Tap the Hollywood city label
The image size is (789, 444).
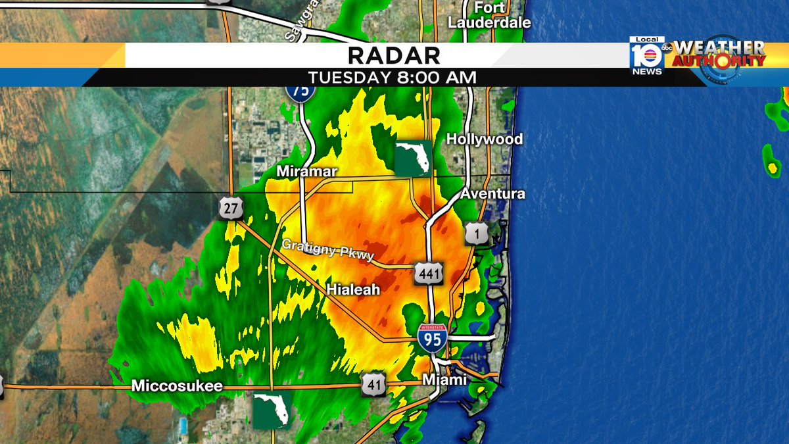click(x=485, y=139)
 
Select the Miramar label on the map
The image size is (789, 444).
click(x=306, y=172)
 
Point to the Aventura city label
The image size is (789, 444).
click(x=492, y=194)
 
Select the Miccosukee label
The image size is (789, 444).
click(x=177, y=387)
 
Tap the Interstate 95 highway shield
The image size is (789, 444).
click(x=432, y=336)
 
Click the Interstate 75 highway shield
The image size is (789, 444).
click(x=300, y=91)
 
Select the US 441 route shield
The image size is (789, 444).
click(x=428, y=273)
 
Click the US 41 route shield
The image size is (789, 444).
click(x=373, y=385)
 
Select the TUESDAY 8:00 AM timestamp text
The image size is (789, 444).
click(x=393, y=77)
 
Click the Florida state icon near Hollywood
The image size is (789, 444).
click(x=413, y=158)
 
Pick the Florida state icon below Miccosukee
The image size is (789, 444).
click(x=272, y=411)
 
